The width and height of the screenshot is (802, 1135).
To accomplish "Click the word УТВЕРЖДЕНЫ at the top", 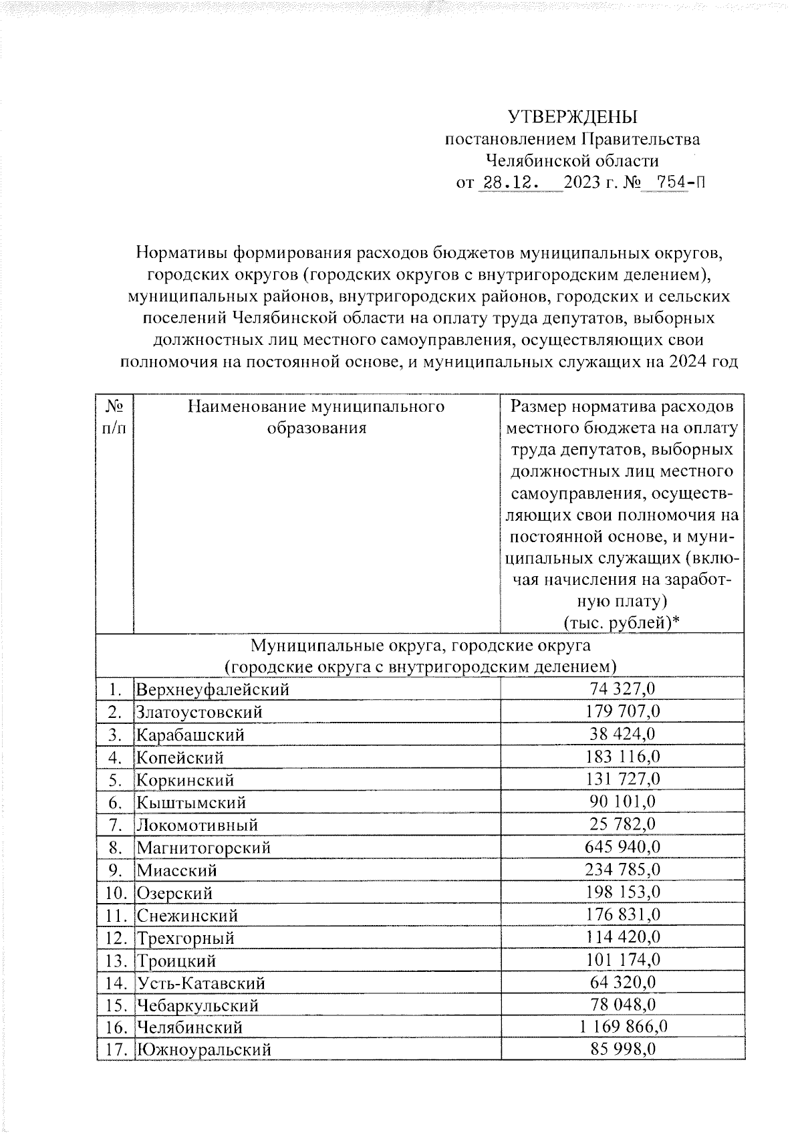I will click(573, 118).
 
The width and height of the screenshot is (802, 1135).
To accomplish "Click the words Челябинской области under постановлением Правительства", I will click(573, 161).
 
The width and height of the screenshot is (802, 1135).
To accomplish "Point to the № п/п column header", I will click(115, 417).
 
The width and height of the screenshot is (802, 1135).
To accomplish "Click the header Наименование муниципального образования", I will click(317, 417).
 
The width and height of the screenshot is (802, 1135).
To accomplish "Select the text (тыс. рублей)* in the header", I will click(622, 622).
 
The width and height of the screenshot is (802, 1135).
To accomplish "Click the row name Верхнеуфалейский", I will click(213, 689).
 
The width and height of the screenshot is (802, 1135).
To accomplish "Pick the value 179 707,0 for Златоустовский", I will click(623, 711).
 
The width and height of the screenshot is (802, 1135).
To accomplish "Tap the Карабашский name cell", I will click(191, 735).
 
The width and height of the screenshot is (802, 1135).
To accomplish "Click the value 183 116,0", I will click(623, 757).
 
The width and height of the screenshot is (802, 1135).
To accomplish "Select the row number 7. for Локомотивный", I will click(115, 825).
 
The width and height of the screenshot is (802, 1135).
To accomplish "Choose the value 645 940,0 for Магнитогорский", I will click(623, 847).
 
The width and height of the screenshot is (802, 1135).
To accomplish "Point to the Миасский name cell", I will click(177, 870).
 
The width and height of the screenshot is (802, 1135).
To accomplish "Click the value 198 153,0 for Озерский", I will click(623, 892).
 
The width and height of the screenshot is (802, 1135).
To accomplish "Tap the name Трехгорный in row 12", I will click(186, 938).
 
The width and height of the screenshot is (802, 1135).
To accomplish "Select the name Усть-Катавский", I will click(201, 983).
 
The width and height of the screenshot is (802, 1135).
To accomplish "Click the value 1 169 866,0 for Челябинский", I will click(623, 1027).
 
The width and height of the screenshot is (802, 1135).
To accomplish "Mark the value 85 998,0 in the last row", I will click(623, 1049).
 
